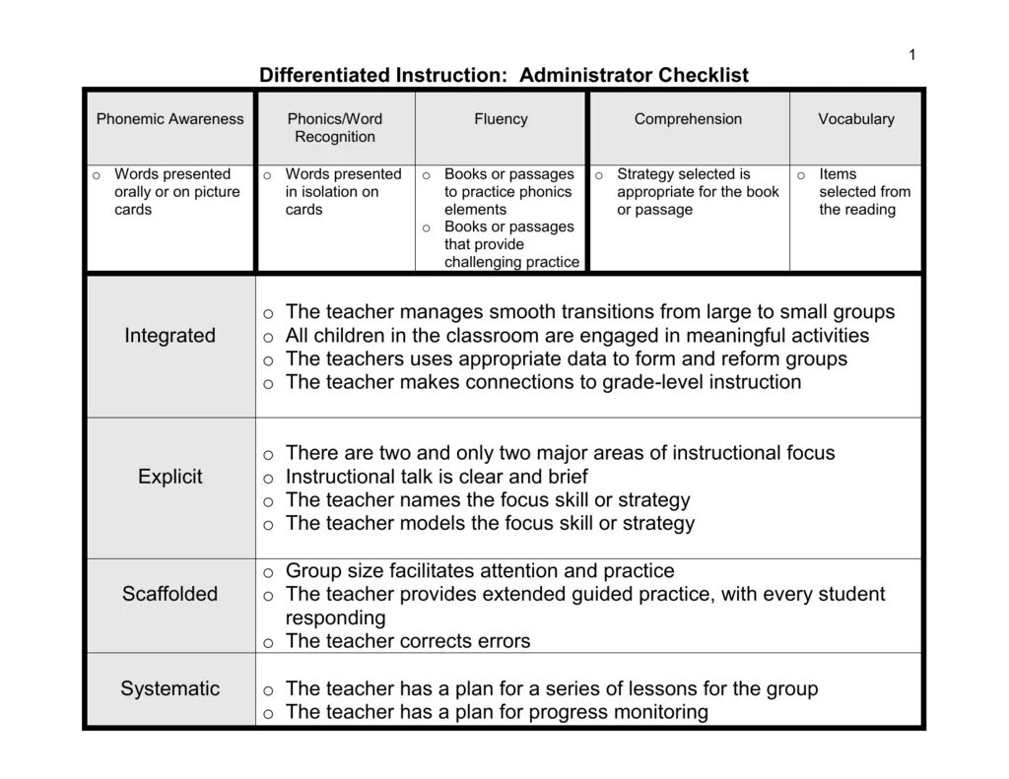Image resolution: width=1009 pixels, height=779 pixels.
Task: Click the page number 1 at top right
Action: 912,55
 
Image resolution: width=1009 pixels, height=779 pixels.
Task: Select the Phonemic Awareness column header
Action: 169,119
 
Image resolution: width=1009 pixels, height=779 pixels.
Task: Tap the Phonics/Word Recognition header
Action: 335,128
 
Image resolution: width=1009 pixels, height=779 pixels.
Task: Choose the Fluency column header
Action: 501,119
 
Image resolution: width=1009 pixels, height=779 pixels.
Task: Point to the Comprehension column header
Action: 688,119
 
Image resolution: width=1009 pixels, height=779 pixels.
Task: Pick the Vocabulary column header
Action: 856,119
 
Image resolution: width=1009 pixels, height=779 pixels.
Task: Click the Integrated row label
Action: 169,336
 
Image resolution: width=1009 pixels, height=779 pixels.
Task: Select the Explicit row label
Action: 170,477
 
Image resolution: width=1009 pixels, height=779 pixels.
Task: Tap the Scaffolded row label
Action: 170,594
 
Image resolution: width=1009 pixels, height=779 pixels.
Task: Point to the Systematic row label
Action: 170,688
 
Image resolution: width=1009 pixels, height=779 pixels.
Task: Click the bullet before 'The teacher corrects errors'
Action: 268,643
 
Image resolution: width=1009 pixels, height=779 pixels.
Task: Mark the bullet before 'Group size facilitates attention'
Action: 268,572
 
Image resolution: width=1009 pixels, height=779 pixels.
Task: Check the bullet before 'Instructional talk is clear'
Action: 268,479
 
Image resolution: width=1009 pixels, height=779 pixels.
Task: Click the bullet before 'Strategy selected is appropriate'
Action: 599,175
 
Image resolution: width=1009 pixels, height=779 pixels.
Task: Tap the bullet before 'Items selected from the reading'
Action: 801,175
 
